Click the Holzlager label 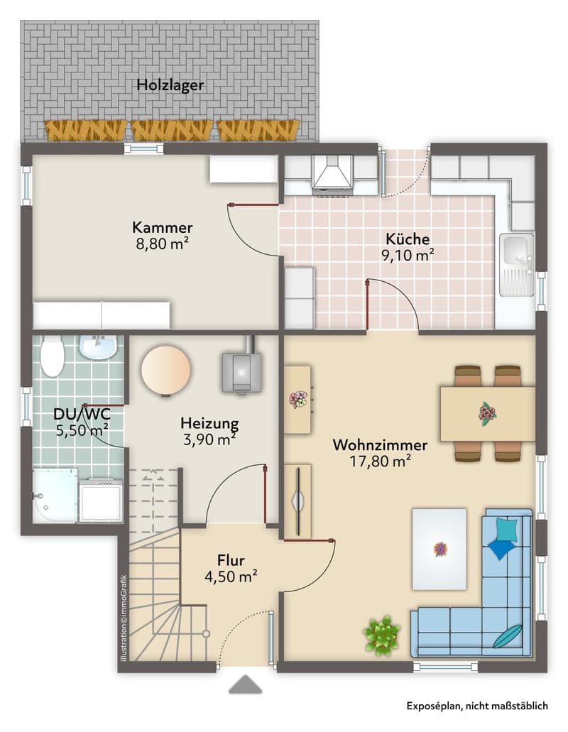tap(170, 85)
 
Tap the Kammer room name tap(163, 227)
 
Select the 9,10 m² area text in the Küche tap(408, 256)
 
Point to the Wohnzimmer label tap(379, 444)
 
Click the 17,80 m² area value tap(380, 461)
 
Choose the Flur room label tap(231, 559)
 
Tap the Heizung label tap(209, 424)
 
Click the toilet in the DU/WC tap(52, 358)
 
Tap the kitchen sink tap(517, 265)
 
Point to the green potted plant tap(382, 635)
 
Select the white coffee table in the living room tap(439, 549)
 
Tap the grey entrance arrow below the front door tap(246, 684)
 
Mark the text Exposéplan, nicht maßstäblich tap(477, 706)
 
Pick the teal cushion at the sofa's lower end tap(508, 636)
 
